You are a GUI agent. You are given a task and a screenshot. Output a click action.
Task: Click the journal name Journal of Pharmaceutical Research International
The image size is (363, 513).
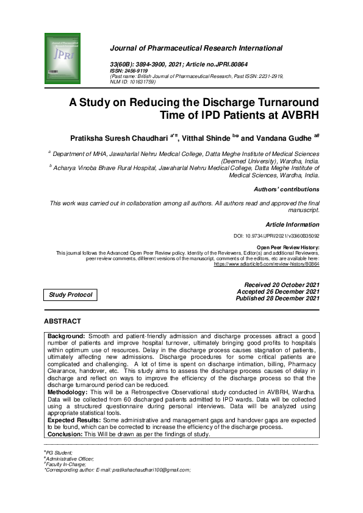[196, 48]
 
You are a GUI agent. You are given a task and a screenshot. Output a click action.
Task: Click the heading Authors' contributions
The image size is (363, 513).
[286, 189]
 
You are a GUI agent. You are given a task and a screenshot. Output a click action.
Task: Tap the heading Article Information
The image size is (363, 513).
[292, 225]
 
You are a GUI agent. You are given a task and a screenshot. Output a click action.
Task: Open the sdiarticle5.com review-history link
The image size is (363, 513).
[266, 264]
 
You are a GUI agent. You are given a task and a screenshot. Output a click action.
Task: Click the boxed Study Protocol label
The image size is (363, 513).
[71, 295]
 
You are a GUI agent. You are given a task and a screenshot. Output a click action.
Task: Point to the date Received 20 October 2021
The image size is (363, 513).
[281, 285]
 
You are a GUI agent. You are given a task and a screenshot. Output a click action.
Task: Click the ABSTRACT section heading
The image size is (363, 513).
[62, 321]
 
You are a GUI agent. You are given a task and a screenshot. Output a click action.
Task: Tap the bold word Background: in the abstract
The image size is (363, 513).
[67, 336]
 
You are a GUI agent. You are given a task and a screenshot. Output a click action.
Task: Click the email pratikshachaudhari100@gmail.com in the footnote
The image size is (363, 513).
[151, 470]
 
